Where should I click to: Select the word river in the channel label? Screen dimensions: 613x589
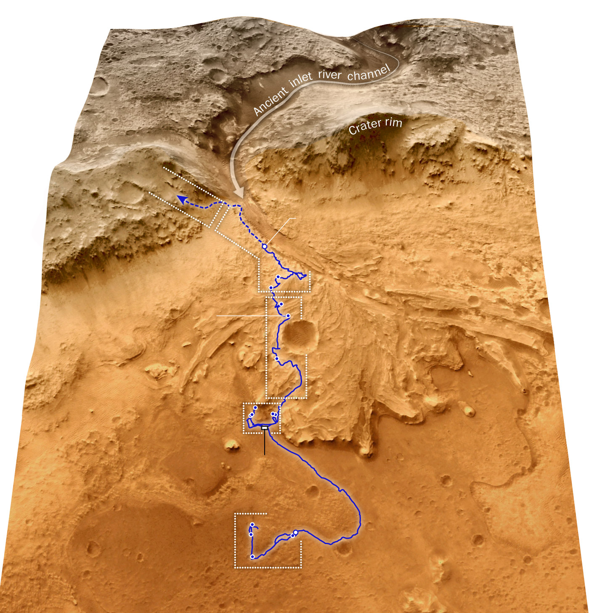click(x=329, y=75)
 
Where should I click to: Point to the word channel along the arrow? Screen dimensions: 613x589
click(x=369, y=73)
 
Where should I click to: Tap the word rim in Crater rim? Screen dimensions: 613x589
click(x=393, y=122)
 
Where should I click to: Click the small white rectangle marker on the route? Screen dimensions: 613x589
click(x=264, y=428)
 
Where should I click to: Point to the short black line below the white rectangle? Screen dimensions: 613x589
click(x=264, y=443)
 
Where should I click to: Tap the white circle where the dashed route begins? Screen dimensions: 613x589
click(x=264, y=246)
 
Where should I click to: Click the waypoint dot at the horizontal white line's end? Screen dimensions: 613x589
click(x=288, y=316)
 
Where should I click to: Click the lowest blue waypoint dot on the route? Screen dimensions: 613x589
click(x=252, y=557)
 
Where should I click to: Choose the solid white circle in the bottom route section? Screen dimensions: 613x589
click(x=295, y=533)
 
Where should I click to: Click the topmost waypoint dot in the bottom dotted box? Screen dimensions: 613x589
click(x=252, y=525)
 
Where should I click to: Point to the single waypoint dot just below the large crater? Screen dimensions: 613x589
click(x=276, y=359)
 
